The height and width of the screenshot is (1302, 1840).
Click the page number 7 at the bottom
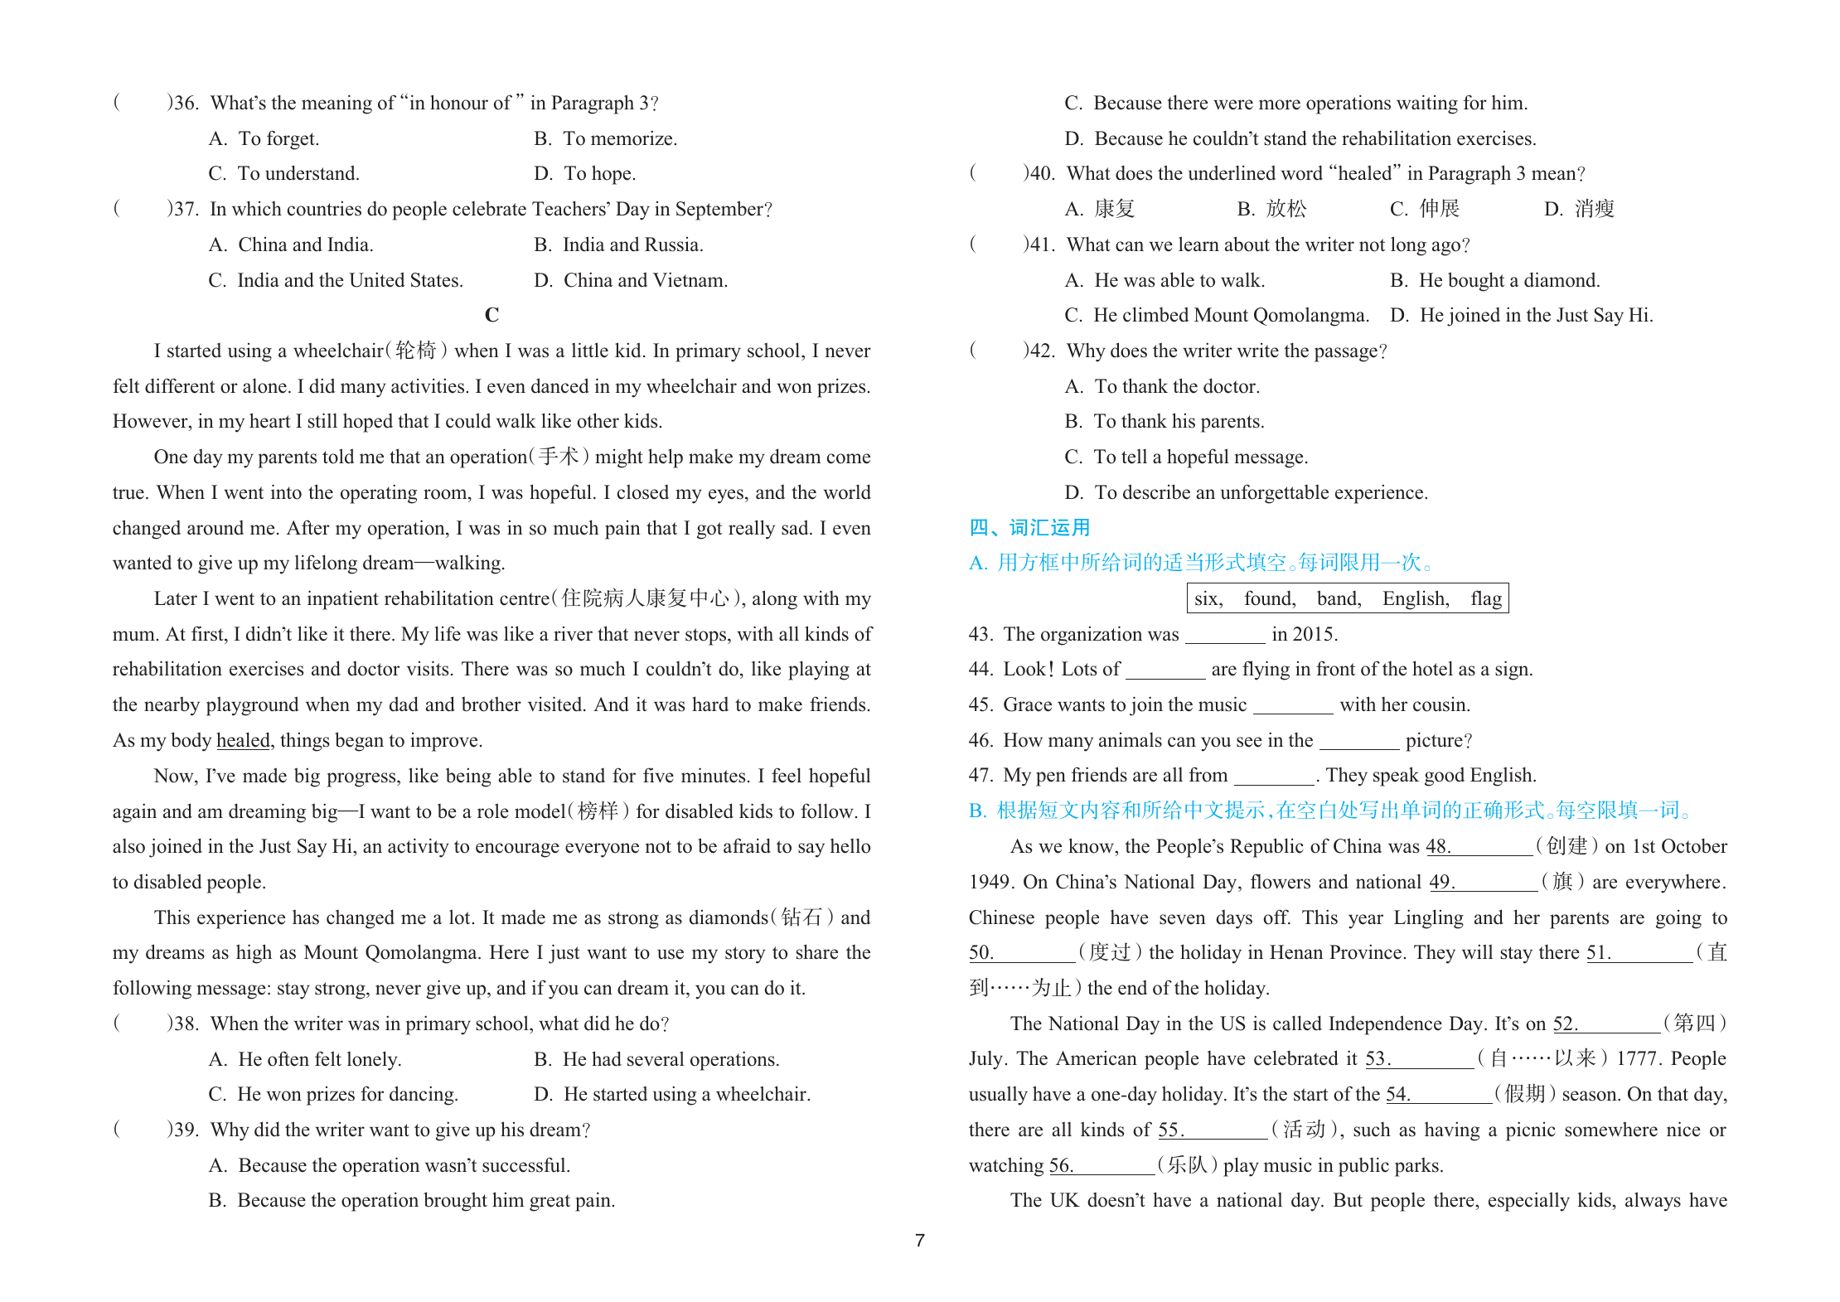tap(919, 1241)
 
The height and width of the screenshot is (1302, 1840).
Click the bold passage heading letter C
tap(491, 315)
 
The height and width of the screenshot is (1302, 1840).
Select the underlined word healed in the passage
tap(243, 740)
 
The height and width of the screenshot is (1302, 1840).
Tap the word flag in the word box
tap(1485, 598)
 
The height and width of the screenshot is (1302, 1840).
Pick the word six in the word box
tap(1208, 598)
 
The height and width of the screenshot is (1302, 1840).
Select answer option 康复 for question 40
tap(1114, 209)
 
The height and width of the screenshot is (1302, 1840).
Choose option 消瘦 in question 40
tap(1594, 209)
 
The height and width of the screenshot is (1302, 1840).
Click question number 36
tap(186, 103)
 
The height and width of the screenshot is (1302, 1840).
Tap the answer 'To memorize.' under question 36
tap(619, 138)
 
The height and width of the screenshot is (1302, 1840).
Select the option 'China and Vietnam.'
tap(645, 280)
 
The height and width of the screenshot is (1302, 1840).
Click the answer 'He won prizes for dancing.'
tap(347, 1094)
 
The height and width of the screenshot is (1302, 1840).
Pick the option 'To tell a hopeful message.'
tap(1200, 457)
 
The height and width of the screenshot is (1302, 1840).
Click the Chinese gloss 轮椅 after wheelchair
tap(415, 351)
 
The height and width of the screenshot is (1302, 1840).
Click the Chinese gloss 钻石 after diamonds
tap(801, 917)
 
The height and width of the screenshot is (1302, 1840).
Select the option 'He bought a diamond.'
tap(1508, 280)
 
